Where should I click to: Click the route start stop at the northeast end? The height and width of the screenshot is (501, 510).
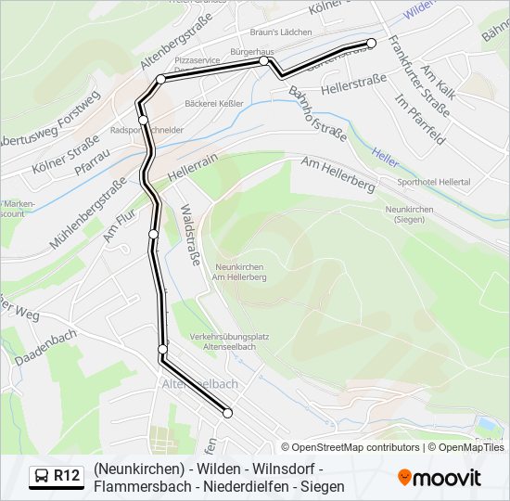[372, 43]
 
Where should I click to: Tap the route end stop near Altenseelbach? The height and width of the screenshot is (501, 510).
[227, 413]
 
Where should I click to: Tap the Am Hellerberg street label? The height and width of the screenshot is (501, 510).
[338, 173]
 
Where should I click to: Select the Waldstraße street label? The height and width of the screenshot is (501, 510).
[189, 235]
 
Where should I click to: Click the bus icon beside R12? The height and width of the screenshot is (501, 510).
[41, 477]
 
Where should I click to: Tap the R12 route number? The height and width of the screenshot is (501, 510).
[67, 477]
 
